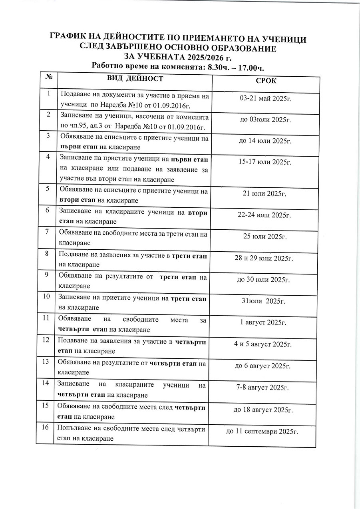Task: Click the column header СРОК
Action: coord(266,81)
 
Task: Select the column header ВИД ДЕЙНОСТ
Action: coord(135,78)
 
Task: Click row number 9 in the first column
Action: coord(47,274)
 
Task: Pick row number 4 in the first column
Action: coord(48,157)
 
